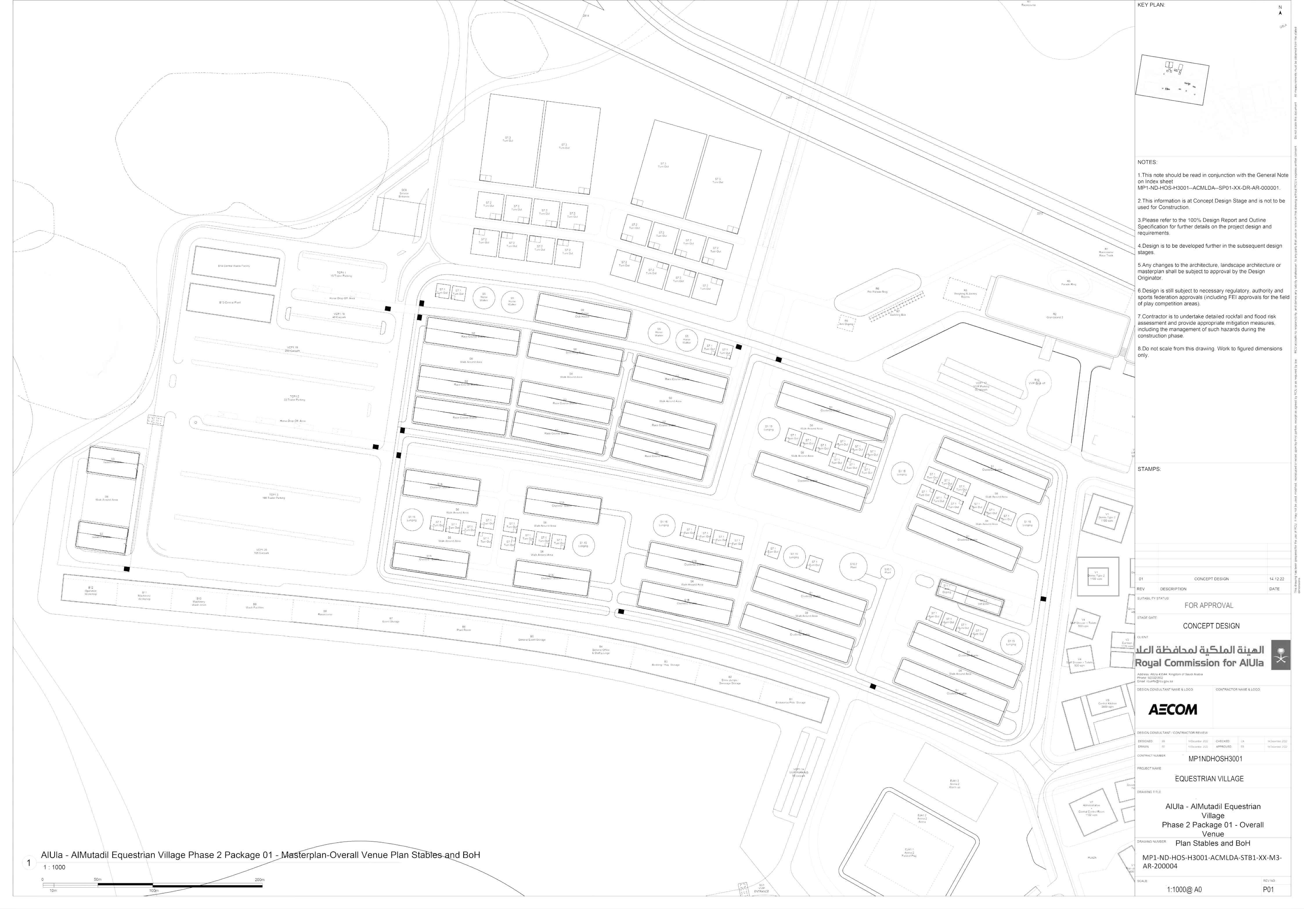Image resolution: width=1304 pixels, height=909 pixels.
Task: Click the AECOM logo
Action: (1172, 709)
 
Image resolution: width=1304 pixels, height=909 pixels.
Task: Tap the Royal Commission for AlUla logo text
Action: (1200, 663)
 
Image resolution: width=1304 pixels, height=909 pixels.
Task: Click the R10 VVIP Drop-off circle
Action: (1036, 382)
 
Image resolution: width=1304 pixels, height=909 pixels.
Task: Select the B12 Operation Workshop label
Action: (90, 590)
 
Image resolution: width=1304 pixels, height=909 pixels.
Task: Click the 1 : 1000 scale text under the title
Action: (55, 867)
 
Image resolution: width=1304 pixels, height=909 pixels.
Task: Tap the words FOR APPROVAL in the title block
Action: (1209, 605)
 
